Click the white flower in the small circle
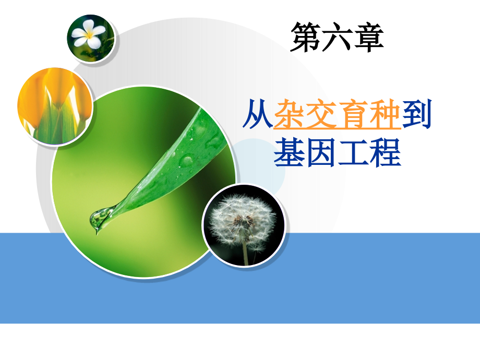pos(89,35)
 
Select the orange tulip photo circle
pos(55,106)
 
